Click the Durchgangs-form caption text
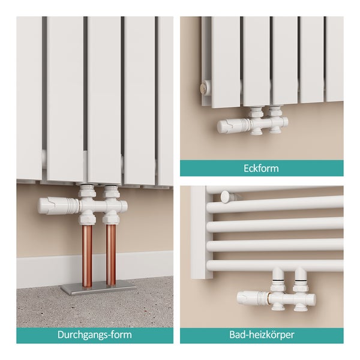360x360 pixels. (95, 335)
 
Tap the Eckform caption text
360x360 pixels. (261, 168)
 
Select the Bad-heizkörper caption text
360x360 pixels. (262, 335)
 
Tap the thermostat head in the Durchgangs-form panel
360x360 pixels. (58, 206)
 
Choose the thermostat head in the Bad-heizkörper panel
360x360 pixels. (253, 298)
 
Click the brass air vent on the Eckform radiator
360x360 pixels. (204, 86)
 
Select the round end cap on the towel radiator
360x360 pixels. (224, 197)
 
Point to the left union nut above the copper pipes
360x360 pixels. (87, 218)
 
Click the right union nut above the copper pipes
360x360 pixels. (111, 218)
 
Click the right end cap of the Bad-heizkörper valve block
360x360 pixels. (312, 298)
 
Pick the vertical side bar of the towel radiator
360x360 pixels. (198, 232)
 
